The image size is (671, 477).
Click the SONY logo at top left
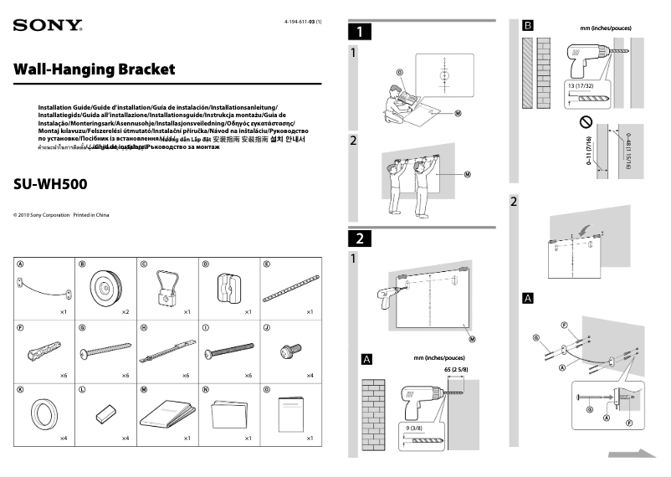(47, 25)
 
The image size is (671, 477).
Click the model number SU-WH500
(51, 183)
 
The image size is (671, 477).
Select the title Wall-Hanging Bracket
(95, 69)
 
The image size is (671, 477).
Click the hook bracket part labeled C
(167, 286)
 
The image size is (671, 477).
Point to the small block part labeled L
(106, 413)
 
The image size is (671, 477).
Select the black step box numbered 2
(359, 238)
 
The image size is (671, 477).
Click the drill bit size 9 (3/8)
(410, 428)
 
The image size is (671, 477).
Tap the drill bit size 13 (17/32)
(580, 86)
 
